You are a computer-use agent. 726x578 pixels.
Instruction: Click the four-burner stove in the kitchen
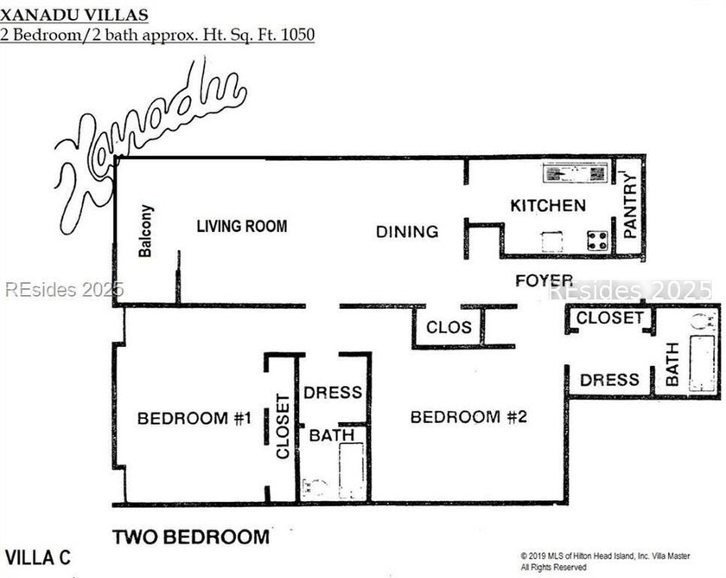pyautogui.click(x=597, y=241)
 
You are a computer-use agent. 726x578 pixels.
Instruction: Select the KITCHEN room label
pyautogui.click(x=548, y=206)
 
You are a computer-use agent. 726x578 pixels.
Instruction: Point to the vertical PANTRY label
pyautogui.click(x=630, y=207)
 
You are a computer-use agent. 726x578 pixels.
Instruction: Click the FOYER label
pyautogui.click(x=544, y=280)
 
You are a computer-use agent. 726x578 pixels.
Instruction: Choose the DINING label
pyautogui.click(x=407, y=232)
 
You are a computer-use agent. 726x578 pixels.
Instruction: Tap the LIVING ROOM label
pyautogui.click(x=242, y=227)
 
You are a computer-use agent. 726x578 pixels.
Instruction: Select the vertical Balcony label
pyautogui.click(x=146, y=231)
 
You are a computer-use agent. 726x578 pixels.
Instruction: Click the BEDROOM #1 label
pyautogui.click(x=194, y=419)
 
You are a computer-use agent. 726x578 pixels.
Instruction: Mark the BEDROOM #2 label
pyautogui.click(x=468, y=417)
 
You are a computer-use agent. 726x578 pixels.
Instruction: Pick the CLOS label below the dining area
pyautogui.click(x=449, y=327)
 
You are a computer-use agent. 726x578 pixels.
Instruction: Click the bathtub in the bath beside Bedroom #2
pyautogui.click(x=351, y=470)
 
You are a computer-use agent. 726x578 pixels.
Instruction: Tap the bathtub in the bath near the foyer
pyautogui.click(x=702, y=363)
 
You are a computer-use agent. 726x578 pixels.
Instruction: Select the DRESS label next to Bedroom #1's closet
pyautogui.click(x=333, y=393)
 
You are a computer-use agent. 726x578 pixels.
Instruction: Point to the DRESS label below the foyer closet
pyautogui.click(x=609, y=380)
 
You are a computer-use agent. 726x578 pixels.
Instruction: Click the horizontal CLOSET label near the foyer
pyautogui.click(x=610, y=318)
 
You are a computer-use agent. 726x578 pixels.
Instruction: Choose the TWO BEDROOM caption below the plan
pyautogui.click(x=190, y=537)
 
